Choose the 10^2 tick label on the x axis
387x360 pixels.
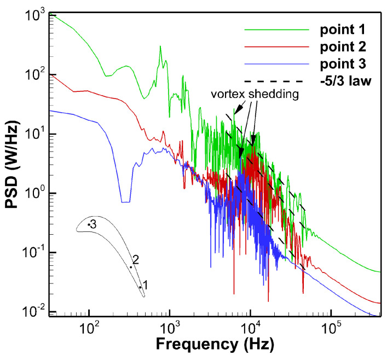pyautogui.click(x=89, y=328)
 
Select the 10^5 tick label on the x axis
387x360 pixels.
pyautogui.click(x=331, y=328)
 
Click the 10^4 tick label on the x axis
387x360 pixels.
pyautogui.click(x=250, y=328)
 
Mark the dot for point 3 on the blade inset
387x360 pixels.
pyautogui.click(x=89, y=225)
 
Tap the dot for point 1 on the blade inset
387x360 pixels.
pyautogui.click(x=140, y=287)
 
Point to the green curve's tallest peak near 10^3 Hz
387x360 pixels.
pyautogui.click(x=160, y=47)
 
